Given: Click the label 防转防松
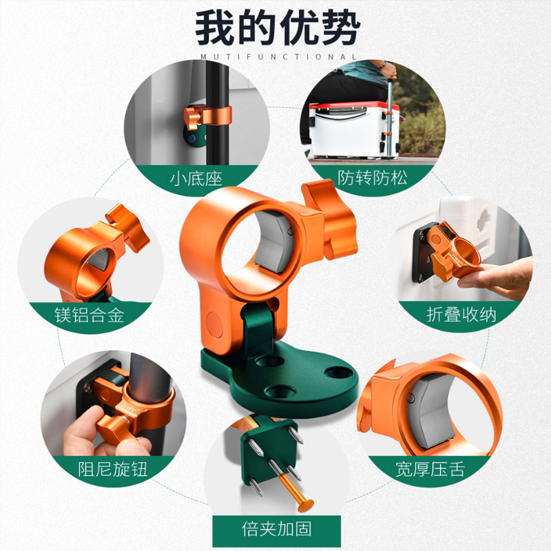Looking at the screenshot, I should click(x=373, y=178).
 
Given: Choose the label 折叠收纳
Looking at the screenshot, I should click(x=461, y=315).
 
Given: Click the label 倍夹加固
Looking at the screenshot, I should click(x=277, y=528).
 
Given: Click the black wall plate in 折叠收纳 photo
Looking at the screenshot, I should click(x=422, y=255).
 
